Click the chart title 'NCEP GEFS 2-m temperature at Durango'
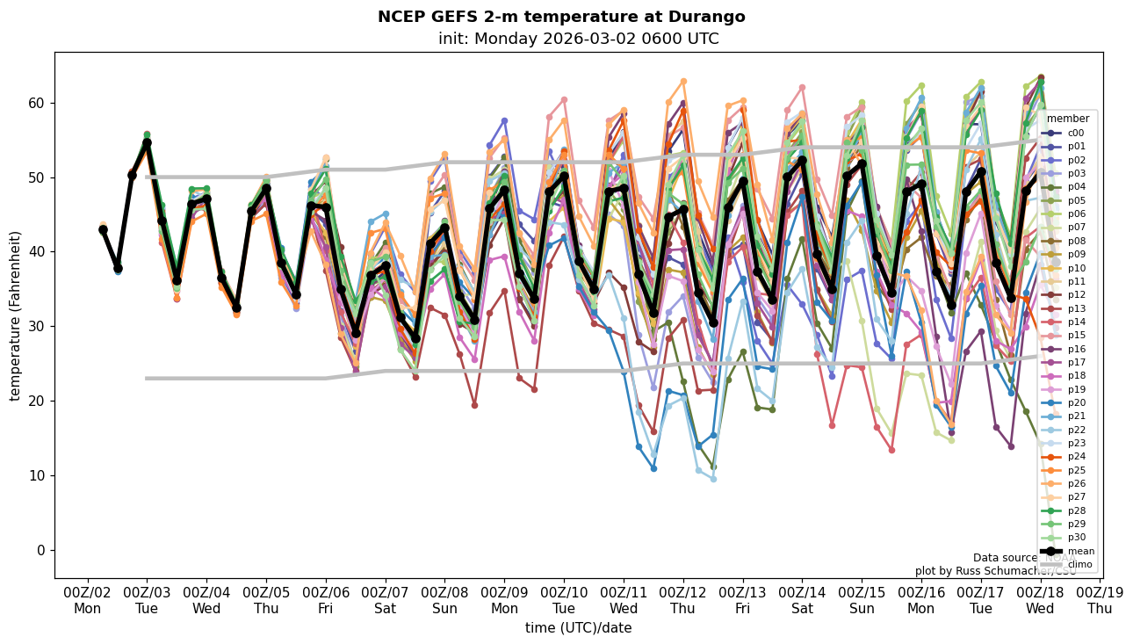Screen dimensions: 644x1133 tap(561, 17)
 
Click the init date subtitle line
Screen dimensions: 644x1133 tap(578, 39)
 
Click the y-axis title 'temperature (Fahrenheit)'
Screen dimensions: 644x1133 tap(15, 315)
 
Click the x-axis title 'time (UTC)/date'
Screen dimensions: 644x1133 tap(578, 628)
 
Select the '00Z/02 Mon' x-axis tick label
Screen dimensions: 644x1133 tap(87, 600)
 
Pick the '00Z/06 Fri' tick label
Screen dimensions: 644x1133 tap(326, 600)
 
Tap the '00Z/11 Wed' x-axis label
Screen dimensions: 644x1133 tap(624, 600)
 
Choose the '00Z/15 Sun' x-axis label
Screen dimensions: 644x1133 tap(862, 600)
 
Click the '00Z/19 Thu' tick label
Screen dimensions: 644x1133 tap(1100, 600)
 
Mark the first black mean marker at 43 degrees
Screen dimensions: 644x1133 tap(103, 229)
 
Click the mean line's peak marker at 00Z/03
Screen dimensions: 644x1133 tap(147, 142)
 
